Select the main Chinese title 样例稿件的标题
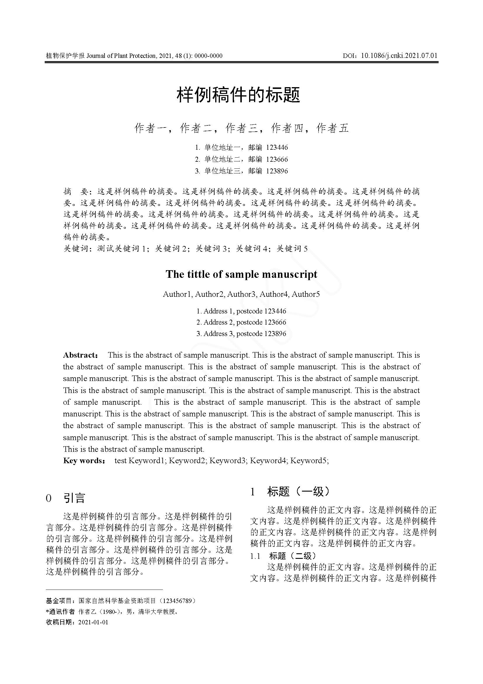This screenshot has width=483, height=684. [239, 95]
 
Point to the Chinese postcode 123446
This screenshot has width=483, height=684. [277, 147]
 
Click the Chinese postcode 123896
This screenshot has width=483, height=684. [277, 171]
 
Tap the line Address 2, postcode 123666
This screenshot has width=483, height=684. [241, 322]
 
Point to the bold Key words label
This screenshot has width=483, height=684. [83, 461]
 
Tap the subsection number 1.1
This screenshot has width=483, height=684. [255, 556]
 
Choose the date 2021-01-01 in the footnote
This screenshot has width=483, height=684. [93, 622]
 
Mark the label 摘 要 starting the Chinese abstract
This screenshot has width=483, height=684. [76, 191]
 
